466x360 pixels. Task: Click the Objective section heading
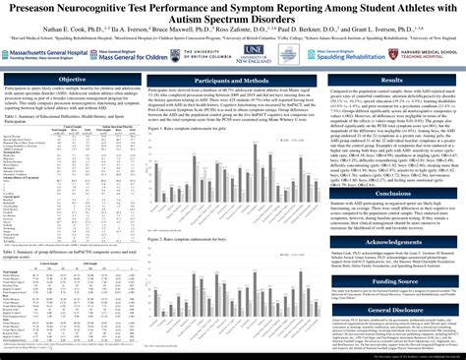[x=72, y=80]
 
